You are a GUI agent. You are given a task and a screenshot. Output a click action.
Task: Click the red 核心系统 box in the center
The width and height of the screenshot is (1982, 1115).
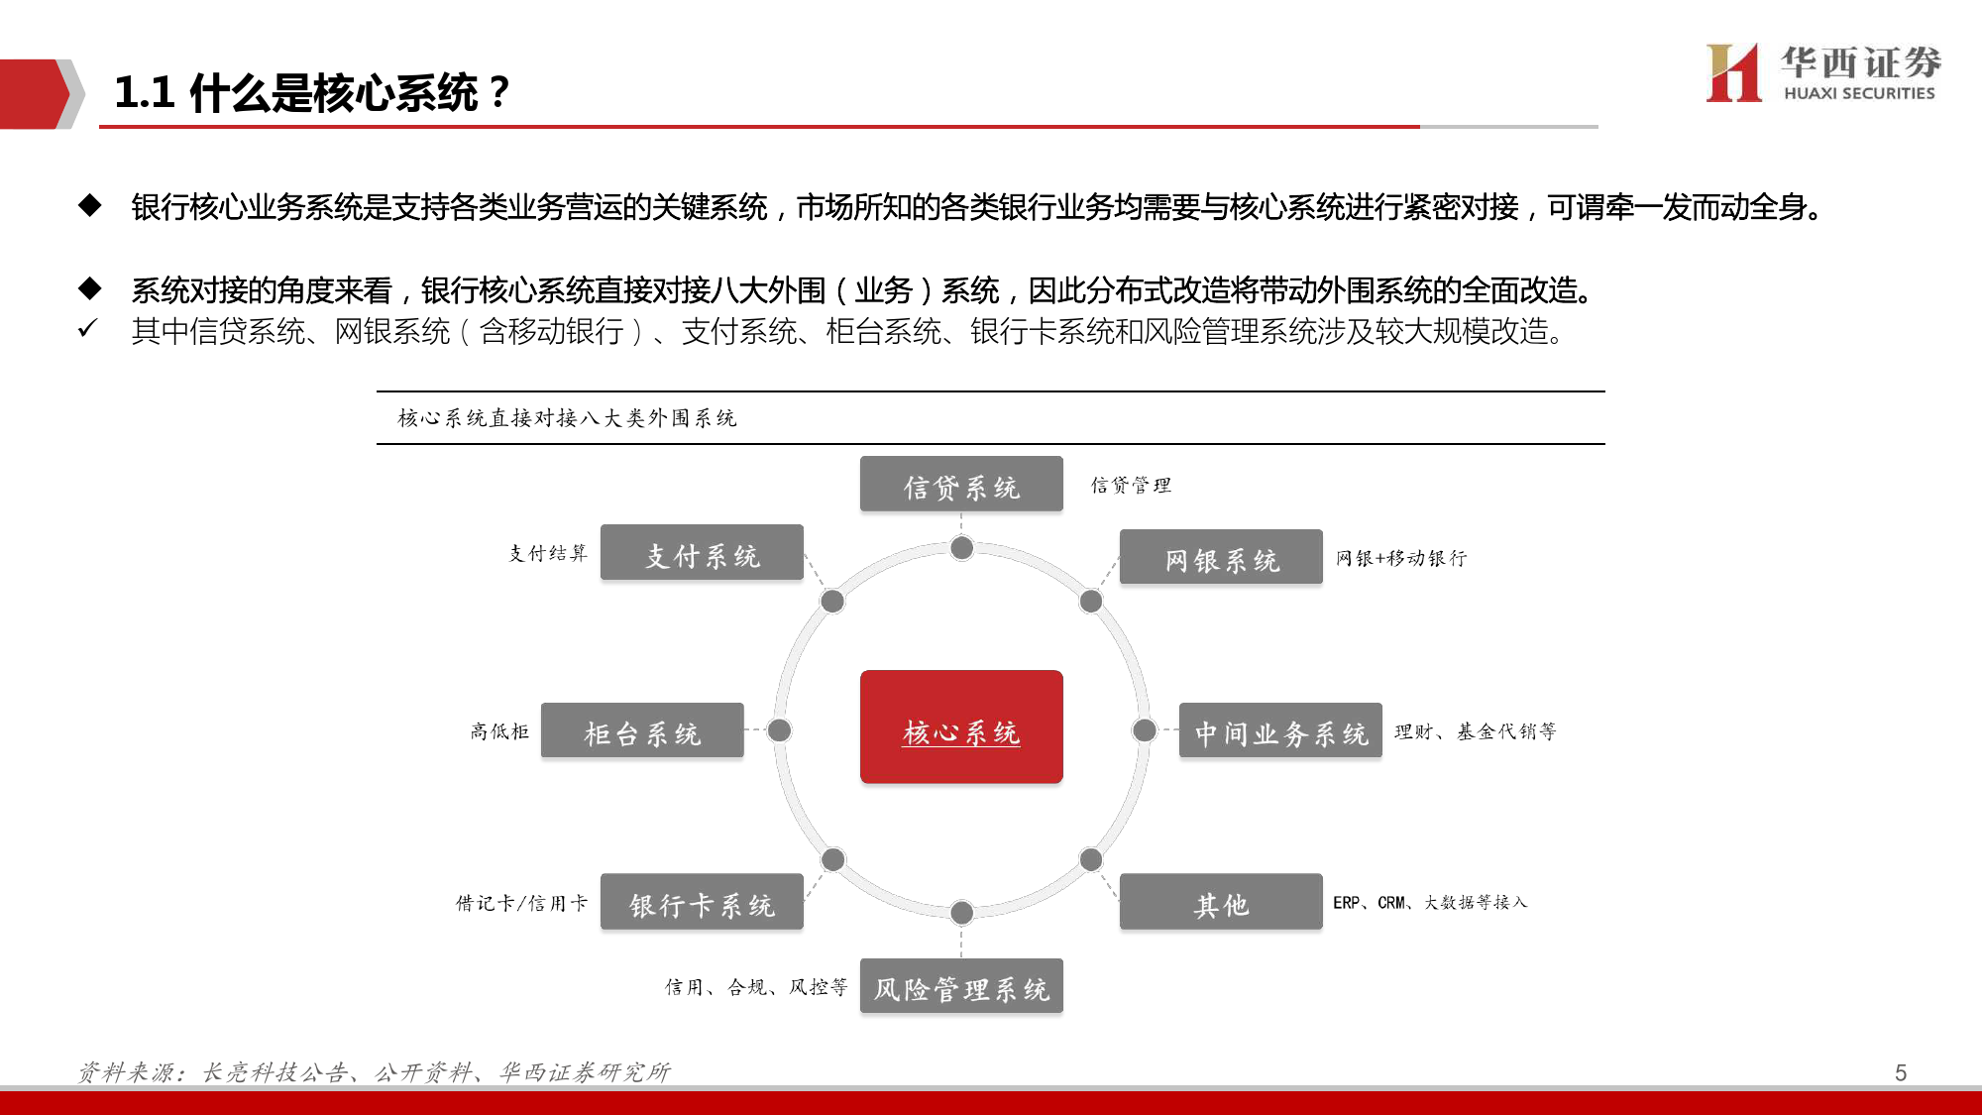(x=961, y=726)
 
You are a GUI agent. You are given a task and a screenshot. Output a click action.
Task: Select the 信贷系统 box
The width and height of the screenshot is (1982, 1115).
(x=961, y=484)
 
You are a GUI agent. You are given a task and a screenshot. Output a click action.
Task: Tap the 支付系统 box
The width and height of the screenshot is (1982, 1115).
(x=702, y=552)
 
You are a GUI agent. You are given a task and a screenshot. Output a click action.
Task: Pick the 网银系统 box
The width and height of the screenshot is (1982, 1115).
(x=1221, y=557)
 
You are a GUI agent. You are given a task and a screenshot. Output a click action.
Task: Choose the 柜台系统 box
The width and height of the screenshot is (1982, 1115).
(x=642, y=730)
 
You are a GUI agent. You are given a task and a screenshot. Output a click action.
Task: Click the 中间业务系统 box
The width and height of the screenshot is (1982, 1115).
(x=1280, y=730)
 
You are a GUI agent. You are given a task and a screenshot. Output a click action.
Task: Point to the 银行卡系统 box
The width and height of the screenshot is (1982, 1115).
(x=702, y=901)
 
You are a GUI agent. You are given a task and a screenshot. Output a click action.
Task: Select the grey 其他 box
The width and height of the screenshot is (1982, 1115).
(x=1221, y=901)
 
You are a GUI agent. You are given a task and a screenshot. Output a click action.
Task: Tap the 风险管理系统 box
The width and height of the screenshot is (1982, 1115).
(x=961, y=986)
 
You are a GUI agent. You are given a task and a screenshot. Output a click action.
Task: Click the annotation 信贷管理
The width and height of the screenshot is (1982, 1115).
(x=1131, y=485)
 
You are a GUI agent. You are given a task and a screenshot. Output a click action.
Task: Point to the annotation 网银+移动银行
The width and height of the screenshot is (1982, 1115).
(x=1401, y=558)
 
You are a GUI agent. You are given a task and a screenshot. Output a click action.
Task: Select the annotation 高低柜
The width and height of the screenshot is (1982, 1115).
(x=499, y=731)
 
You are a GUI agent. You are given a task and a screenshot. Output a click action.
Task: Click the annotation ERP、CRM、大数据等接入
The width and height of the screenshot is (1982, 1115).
(x=1430, y=902)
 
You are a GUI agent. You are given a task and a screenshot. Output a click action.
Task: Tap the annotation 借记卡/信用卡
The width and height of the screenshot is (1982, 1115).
(x=521, y=903)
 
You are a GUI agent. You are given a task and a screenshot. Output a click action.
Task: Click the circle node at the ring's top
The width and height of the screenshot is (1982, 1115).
(x=961, y=548)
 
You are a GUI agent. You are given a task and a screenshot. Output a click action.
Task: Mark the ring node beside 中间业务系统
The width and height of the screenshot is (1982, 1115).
(x=1145, y=730)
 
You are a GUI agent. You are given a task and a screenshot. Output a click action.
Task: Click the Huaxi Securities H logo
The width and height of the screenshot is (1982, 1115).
(x=1733, y=72)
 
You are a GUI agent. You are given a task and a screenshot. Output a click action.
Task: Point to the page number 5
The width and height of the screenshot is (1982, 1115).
(x=1901, y=1072)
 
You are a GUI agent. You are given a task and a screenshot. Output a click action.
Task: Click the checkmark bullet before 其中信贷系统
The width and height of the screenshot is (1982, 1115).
(x=87, y=328)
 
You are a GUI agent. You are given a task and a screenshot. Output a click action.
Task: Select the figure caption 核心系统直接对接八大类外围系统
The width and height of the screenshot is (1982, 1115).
(x=567, y=418)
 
